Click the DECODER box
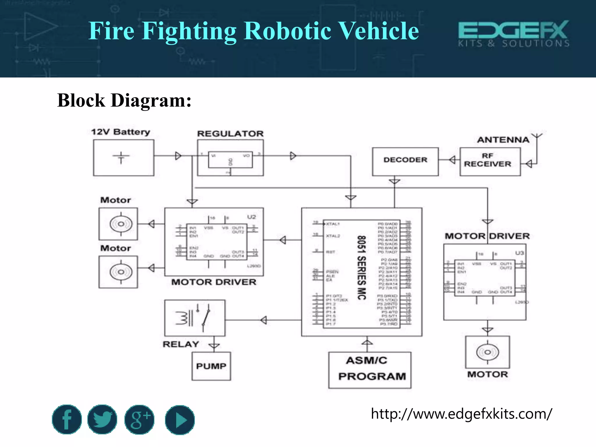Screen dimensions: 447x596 pyautogui.click(x=405, y=162)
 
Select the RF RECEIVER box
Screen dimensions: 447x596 pyautogui.click(x=490, y=162)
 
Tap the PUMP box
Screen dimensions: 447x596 pyautogui.click(x=211, y=366)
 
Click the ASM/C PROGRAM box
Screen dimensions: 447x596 pyautogui.click(x=370, y=370)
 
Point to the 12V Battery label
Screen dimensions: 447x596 pyautogui.click(x=120, y=132)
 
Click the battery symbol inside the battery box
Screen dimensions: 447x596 pyautogui.click(x=121, y=157)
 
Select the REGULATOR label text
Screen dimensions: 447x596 pyautogui.click(x=230, y=134)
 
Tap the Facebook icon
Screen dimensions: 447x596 pyautogui.click(x=67, y=419)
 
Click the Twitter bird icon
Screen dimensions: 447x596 pyautogui.click(x=102, y=419)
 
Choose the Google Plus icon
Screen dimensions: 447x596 pyautogui.click(x=139, y=419)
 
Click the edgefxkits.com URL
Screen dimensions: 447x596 pyautogui.click(x=461, y=414)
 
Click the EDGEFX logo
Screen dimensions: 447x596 pyautogui.click(x=513, y=33)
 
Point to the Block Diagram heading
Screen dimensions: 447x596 pyautogui.click(x=124, y=100)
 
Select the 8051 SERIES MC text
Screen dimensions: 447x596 pyautogui.click(x=361, y=268)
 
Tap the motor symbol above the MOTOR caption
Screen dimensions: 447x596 pyautogui.click(x=487, y=352)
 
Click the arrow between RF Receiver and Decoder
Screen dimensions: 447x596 pyautogui.click(x=452, y=160)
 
